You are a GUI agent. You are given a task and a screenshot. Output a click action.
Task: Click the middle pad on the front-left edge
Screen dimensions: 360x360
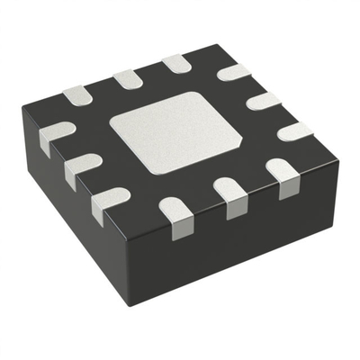tap(83, 166)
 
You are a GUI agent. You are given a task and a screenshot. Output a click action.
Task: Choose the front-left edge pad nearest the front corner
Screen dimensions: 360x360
tap(110, 202)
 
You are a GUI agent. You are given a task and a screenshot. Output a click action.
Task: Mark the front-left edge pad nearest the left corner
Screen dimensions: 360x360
tap(56, 136)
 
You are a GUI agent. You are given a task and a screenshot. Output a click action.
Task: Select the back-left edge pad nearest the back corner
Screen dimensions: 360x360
tap(175, 64)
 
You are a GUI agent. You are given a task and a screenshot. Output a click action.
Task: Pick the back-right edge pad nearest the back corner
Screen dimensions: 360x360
tap(234, 71)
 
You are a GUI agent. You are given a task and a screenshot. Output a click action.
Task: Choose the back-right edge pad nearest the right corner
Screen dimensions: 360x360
tap(295, 130)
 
